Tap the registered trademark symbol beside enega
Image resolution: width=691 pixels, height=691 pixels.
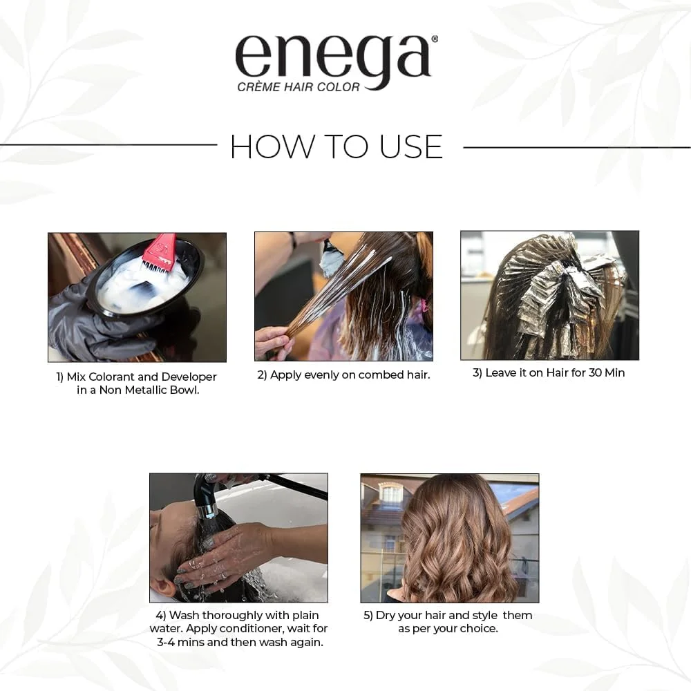coord(435,39)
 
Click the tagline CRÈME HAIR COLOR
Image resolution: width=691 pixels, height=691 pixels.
coord(299,87)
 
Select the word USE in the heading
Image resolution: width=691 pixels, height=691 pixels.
coord(410,146)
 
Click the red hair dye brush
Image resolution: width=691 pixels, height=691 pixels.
coord(159,252)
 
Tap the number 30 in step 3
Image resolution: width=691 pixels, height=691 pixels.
coord(596,372)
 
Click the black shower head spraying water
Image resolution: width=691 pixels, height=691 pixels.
coord(206,495)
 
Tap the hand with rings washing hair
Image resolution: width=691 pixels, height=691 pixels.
coord(220,558)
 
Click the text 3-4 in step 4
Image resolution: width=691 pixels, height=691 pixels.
coord(166,642)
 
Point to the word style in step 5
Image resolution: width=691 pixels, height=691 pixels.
coord(485,615)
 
